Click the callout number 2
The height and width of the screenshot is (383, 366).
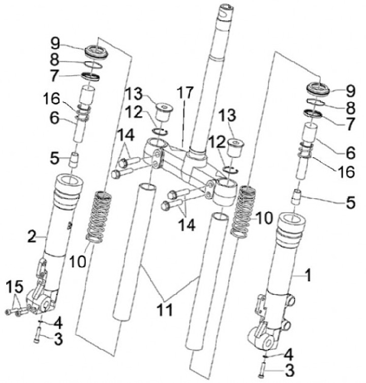click(x=32, y=235)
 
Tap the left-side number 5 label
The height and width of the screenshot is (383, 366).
click(x=55, y=158)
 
